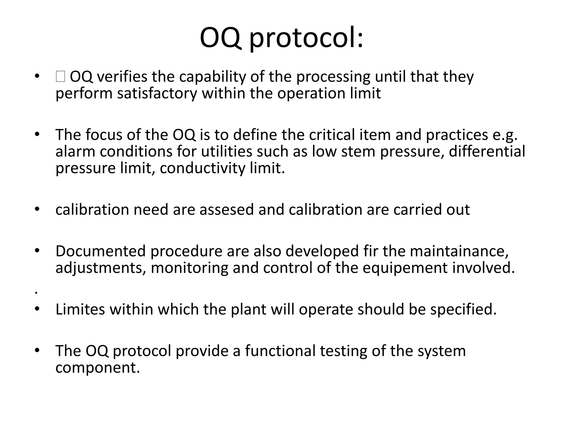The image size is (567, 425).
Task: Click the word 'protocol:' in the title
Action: tap(306, 38)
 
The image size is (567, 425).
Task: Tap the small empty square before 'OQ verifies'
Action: tap(60, 77)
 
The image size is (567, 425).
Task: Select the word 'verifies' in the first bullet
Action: tap(122, 77)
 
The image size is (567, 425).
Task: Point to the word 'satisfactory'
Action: tap(157, 93)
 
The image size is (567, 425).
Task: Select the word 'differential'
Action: tap(487, 152)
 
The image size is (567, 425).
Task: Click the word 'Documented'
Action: tap(100, 251)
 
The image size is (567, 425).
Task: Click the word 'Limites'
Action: tap(80, 309)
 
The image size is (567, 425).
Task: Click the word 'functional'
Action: tap(280, 351)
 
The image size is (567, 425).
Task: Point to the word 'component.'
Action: tap(97, 367)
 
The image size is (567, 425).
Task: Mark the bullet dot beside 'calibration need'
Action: tap(37, 209)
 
